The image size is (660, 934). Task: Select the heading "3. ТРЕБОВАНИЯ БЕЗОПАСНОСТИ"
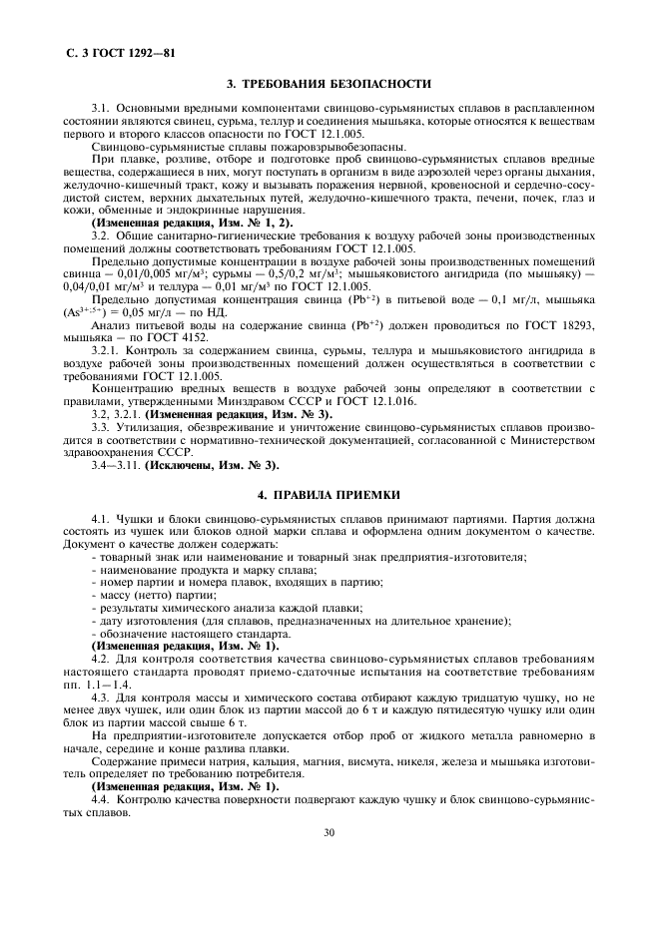point(330,84)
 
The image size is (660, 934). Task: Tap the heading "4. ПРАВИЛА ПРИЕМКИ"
point(330,494)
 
